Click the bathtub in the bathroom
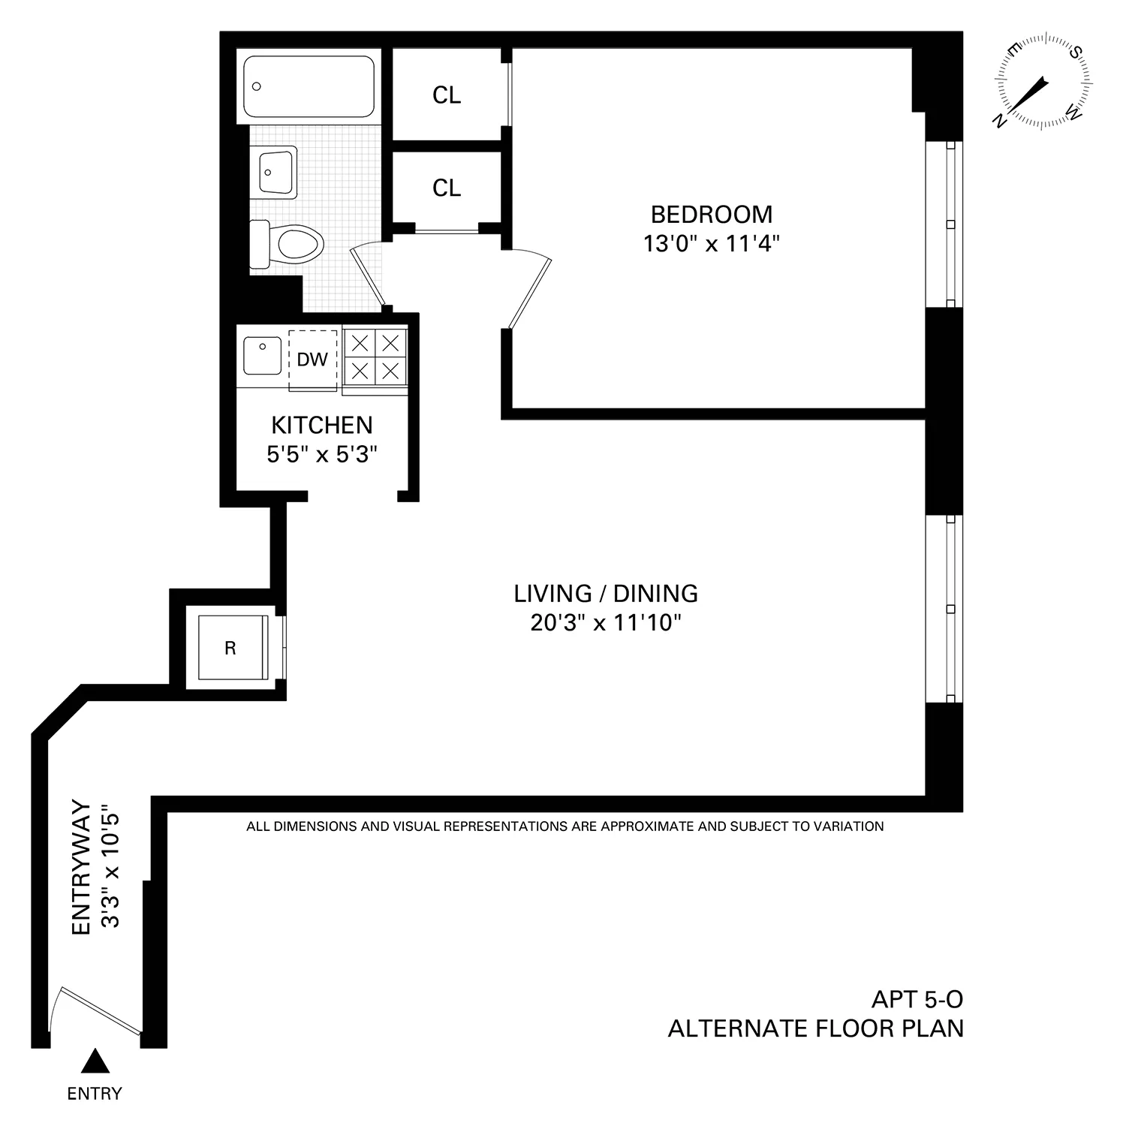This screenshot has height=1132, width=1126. (x=309, y=86)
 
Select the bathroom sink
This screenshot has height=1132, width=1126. (x=275, y=172)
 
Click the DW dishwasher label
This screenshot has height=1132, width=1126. (x=312, y=360)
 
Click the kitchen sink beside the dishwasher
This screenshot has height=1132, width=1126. (x=262, y=356)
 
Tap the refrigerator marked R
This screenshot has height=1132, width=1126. (x=231, y=648)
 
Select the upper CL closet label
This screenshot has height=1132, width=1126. (x=447, y=95)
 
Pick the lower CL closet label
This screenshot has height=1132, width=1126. (x=447, y=188)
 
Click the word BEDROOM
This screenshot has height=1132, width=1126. (x=711, y=215)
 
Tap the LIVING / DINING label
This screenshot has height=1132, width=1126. (x=606, y=594)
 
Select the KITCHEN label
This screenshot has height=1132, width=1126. (x=321, y=426)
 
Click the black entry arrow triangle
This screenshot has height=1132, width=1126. (x=95, y=1061)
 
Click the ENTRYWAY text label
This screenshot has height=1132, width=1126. (x=81, y=868)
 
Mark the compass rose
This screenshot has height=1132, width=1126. (x=1043, y=81)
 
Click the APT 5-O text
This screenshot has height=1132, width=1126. (x=917, y=999)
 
